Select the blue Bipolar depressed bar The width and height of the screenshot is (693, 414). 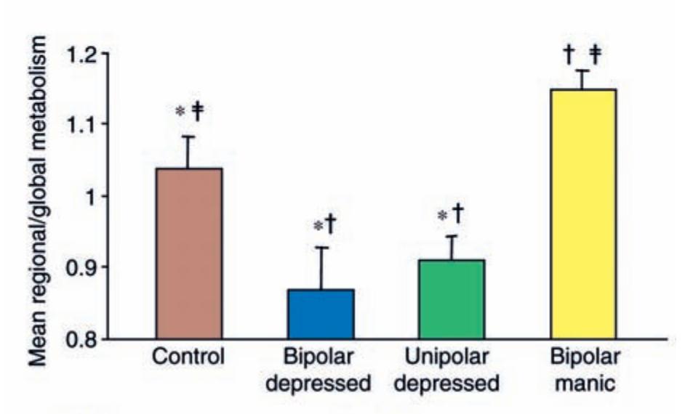[321, 313]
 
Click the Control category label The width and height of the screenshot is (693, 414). [189, 357]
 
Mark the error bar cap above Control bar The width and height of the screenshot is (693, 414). [189, 136]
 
